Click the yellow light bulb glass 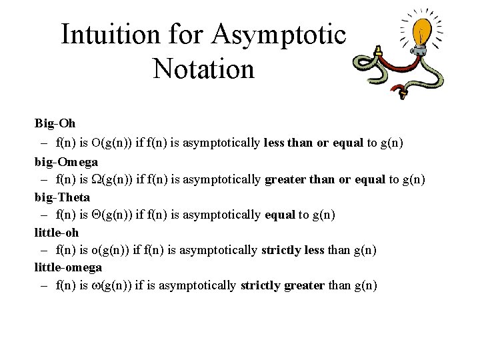tap(425, 30)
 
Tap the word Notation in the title tap(203, 68)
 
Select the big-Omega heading tap(66, 161)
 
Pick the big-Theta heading tap(62, 197)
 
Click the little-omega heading tap(68, 267)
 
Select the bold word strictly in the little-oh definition tap(280, 250)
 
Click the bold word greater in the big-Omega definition tap(284, 179)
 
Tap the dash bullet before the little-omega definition tap(43, 286)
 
